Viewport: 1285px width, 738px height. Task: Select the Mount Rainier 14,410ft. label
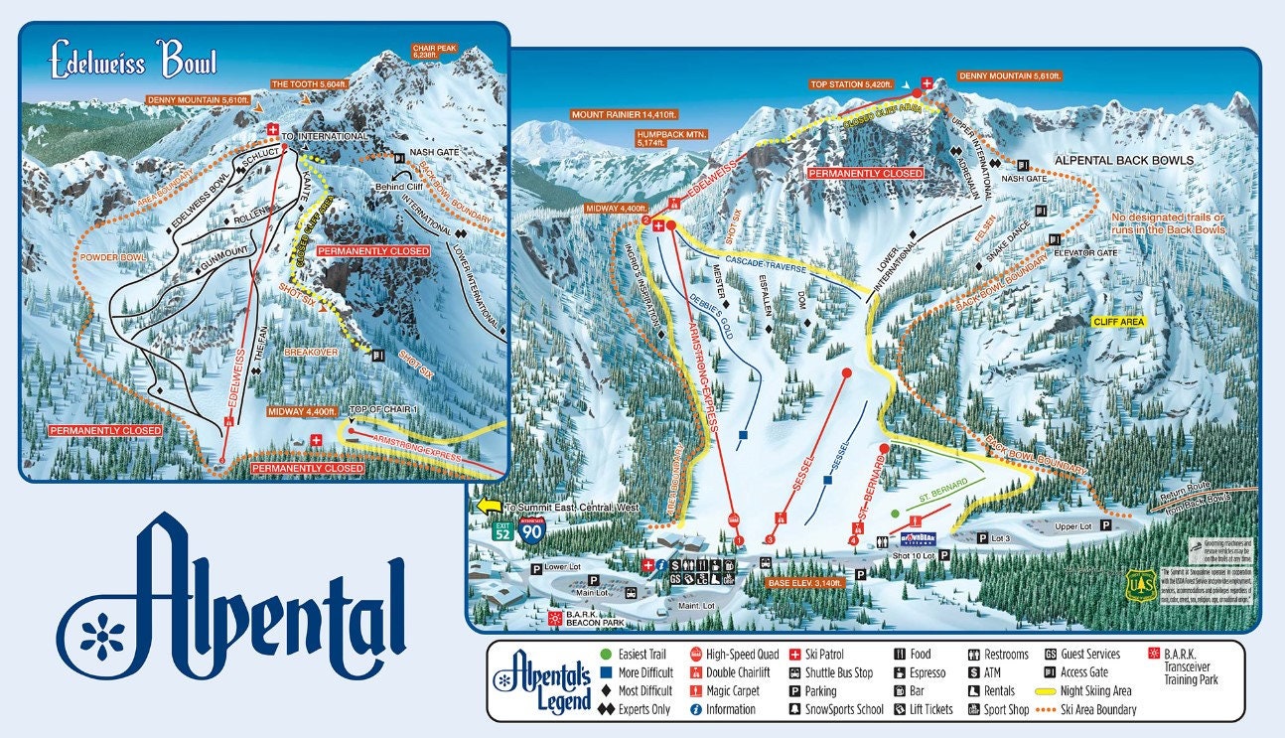coord(624,114)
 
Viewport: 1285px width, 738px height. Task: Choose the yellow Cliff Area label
coord(1117,322)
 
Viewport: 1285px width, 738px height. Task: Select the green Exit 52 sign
coord(504,530)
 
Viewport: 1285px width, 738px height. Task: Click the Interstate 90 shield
coord(533,528)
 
